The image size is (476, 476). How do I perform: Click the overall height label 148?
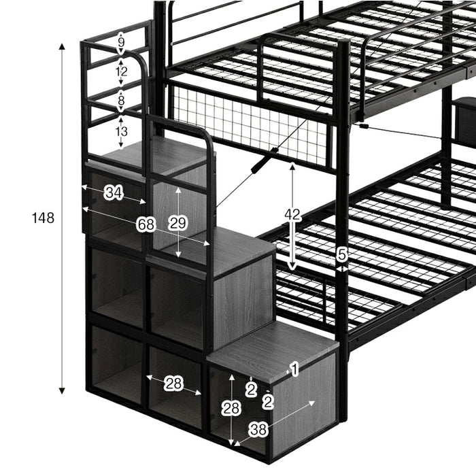coord(43,218)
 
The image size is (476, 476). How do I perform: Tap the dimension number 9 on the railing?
coord(121,42)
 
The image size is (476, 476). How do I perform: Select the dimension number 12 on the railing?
coord(121,71)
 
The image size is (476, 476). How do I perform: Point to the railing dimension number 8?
coord(121,100)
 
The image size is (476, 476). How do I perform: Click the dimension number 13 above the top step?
coord(121,131)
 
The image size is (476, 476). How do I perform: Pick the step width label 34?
coord(114,192)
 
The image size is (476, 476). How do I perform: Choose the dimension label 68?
coord(146,224)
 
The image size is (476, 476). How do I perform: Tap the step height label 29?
coord(178,223)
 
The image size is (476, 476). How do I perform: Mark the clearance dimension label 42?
coord(292,215)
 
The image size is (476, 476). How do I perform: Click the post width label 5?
coord(342,254)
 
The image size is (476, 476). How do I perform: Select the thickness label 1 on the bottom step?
coord(294,369)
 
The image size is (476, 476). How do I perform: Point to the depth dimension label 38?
coord(258,430)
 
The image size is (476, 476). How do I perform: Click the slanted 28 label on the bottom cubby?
coord(173,384)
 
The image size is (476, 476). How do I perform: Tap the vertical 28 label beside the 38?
coord(231,408)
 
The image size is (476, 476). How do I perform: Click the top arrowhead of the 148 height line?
coord(62,46)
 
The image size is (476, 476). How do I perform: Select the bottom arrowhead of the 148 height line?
coord(62,391)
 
